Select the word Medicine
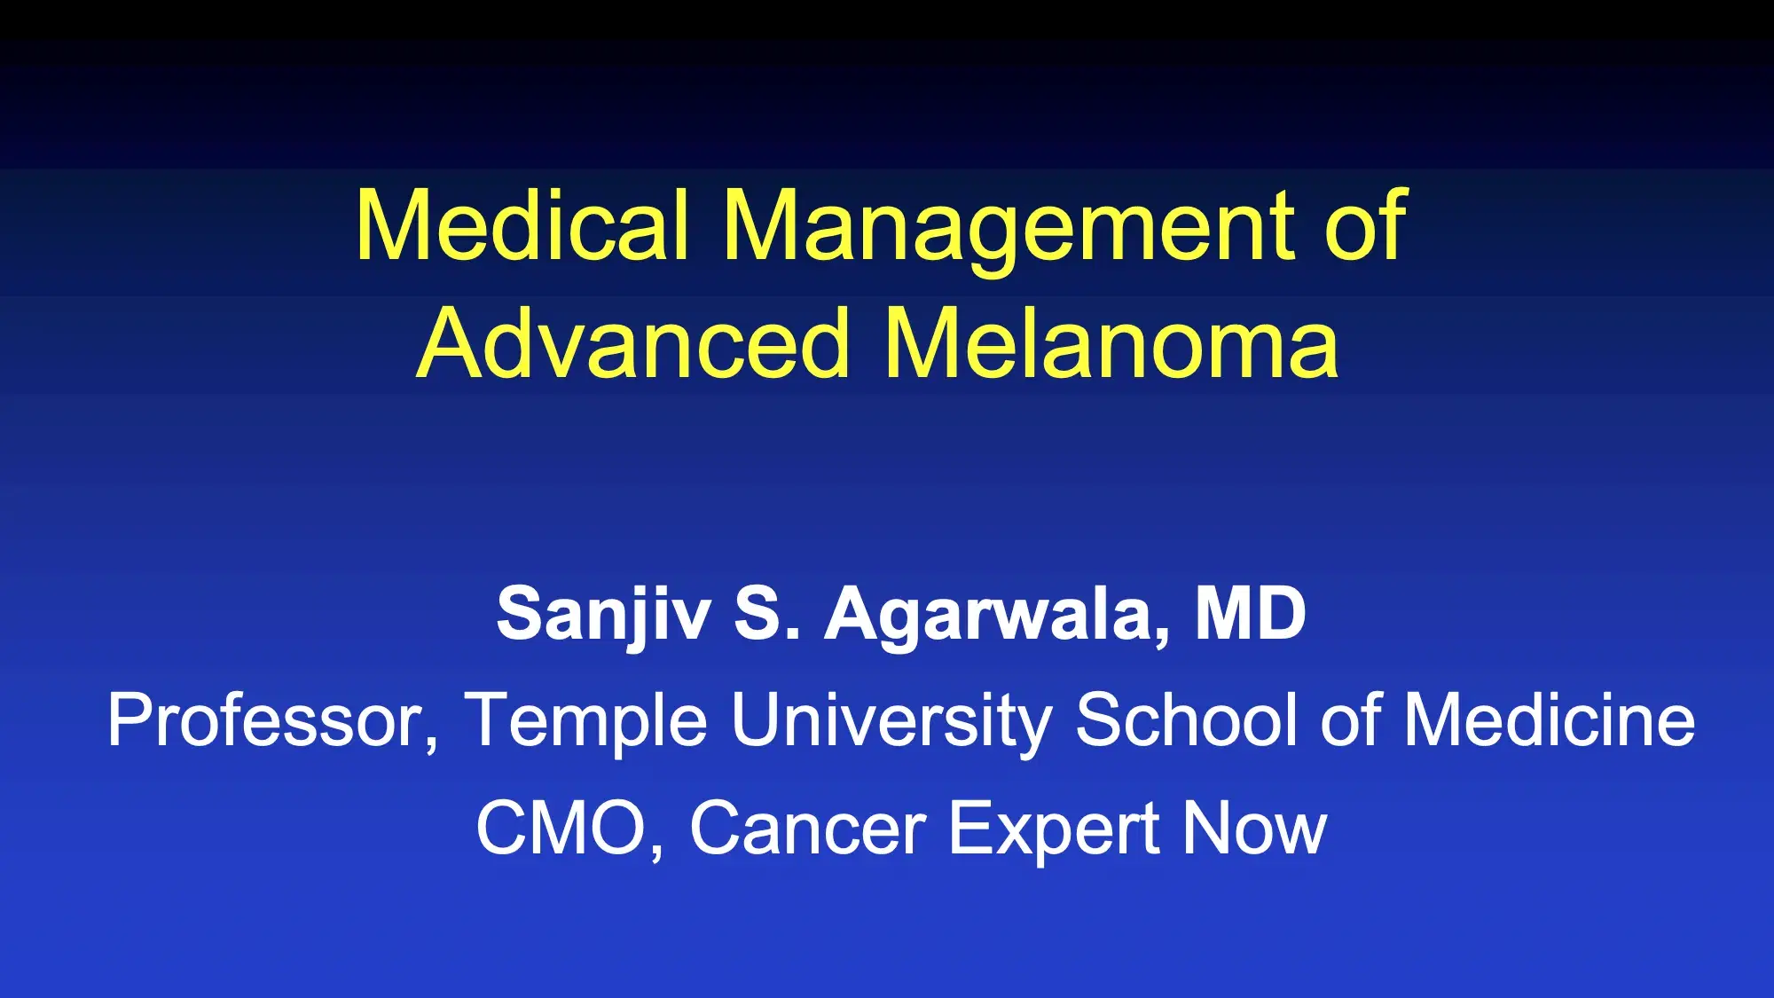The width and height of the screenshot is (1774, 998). [x=1550, y=719]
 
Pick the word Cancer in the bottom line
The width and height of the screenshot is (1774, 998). [x=808, y=828]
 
